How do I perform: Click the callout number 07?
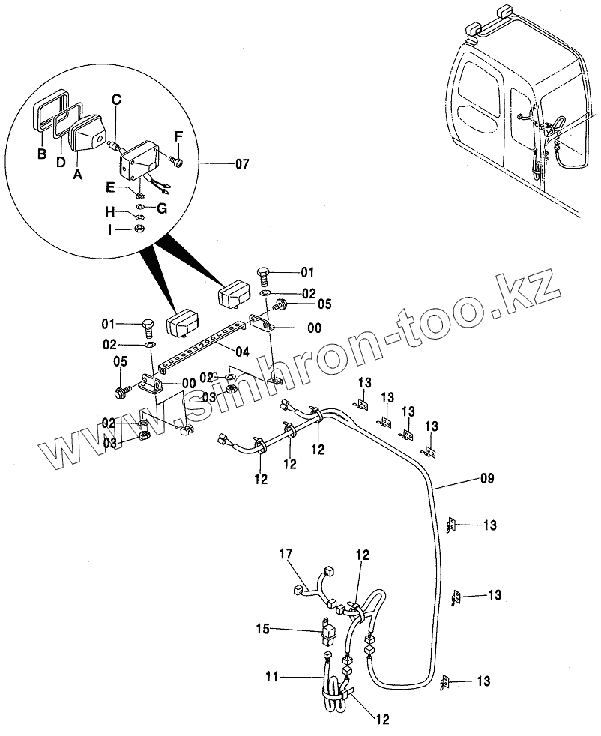point(242,163)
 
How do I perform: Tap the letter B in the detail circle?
point(42,156)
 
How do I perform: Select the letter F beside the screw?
point(178,136)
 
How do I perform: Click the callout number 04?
point(241,351)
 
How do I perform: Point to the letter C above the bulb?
point(116,99)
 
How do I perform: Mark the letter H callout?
point(109,212)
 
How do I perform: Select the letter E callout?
point(110,188)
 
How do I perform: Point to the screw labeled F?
point(178,160)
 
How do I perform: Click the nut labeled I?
point(138,227)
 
